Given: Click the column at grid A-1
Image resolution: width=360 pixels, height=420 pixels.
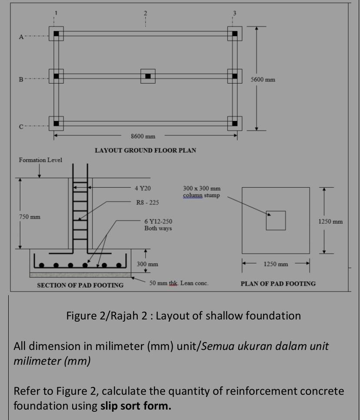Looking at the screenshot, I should (56, 34).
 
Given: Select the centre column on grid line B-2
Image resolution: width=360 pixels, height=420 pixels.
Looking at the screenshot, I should (148, 76).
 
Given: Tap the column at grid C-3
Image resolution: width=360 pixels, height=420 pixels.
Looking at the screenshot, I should (235, 123).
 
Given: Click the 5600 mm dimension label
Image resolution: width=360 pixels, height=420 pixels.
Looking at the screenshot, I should (263, 80).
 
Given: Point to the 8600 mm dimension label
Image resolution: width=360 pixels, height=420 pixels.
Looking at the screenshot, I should (143, 136).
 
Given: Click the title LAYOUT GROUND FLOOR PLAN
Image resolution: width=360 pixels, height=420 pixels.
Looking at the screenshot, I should (145, 150).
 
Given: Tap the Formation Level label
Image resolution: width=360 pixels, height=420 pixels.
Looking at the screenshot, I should (40, 160).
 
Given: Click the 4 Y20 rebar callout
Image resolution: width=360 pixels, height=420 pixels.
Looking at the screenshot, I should (142, 188).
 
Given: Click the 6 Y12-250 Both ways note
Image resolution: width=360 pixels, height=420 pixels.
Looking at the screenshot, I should (158, 225).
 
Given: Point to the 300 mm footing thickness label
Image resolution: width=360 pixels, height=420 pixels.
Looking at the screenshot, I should (147, 264).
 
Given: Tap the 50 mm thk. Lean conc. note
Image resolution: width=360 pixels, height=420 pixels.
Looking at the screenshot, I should (179, 283).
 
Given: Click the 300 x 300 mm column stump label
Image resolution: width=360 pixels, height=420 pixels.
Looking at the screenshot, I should (202, 192).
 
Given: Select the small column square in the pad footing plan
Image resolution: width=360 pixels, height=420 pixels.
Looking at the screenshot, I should (276, 220).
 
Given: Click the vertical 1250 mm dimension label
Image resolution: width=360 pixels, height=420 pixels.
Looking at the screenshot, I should (330, 222).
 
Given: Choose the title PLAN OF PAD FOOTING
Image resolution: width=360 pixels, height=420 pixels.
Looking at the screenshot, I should (278, 283).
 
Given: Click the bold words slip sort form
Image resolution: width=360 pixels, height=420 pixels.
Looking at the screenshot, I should (136, 406).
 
